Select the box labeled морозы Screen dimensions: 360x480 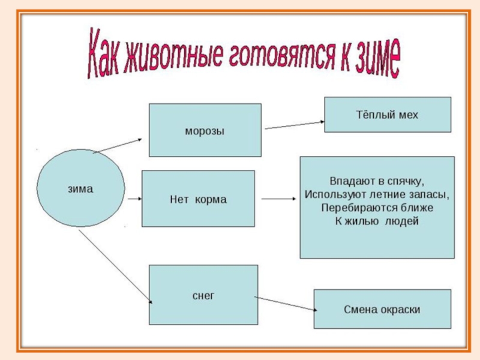coord(205,130)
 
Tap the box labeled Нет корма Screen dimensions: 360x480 coord(197,199)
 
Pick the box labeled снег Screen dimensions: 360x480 coord(203,295)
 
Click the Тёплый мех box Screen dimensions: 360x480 coord(387,115)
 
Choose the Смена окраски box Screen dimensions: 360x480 coord(382,310)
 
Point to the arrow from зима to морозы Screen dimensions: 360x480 coord(118,145)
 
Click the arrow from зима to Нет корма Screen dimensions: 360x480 coord(133,197)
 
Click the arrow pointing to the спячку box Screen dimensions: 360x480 coord(279,199)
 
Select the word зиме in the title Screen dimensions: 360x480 coord(374,62)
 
